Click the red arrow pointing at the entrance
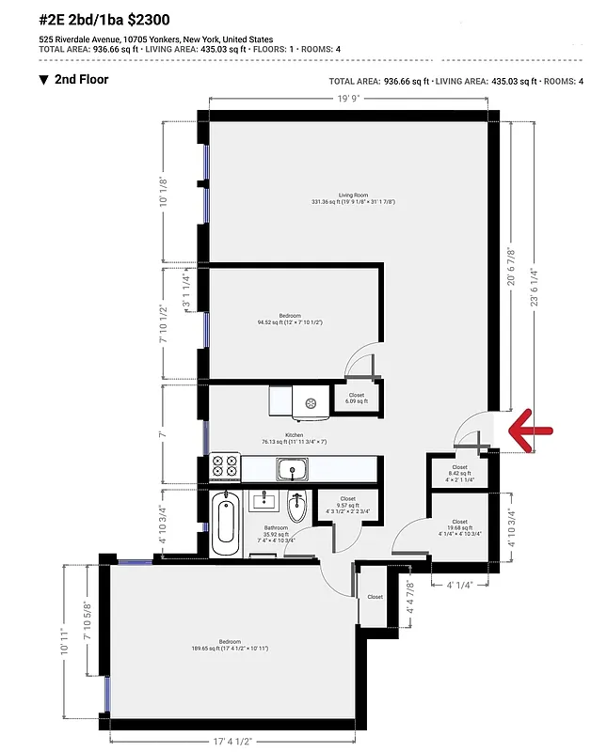[x=530, y=431]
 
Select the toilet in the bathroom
[x=296, y=508]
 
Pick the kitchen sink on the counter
[x=292, y=467]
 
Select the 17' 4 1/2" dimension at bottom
[x=232, y=739]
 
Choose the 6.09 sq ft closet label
[x=356, y=398]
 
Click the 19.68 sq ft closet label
[x=459, y=527]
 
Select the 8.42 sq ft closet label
[x=459, y=472]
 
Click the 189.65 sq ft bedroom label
[x=231, y=646]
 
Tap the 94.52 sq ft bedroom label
[x=290, y=319]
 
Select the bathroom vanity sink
[x=263, y=501]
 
